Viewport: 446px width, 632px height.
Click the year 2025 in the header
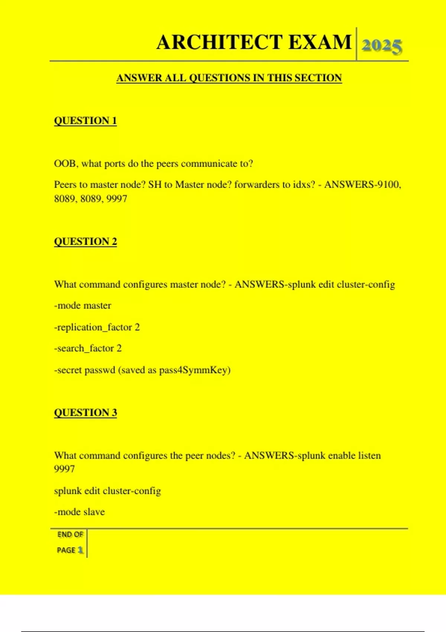tap(382, 46)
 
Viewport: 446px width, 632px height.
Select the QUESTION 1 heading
tap(85, 121)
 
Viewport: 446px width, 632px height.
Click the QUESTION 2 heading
tap(85, 242)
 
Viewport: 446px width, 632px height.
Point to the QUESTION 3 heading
tap(85, 413)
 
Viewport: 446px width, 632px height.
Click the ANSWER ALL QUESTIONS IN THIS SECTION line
tap(229, 78)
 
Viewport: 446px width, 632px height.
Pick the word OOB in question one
tap(65, 164)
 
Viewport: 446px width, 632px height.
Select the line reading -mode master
tap(83, 306)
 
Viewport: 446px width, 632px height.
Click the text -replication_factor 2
tap(97, 327)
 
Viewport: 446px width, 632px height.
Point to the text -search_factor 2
tap(88, 348)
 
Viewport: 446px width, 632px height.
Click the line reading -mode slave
tap(80, 512)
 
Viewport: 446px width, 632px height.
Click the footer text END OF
tap(70, 535)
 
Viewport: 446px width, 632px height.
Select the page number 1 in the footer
tap(80, 550)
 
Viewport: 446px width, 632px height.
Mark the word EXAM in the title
tap(320, 42)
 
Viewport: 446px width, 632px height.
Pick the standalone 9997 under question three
tap(65, 469)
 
